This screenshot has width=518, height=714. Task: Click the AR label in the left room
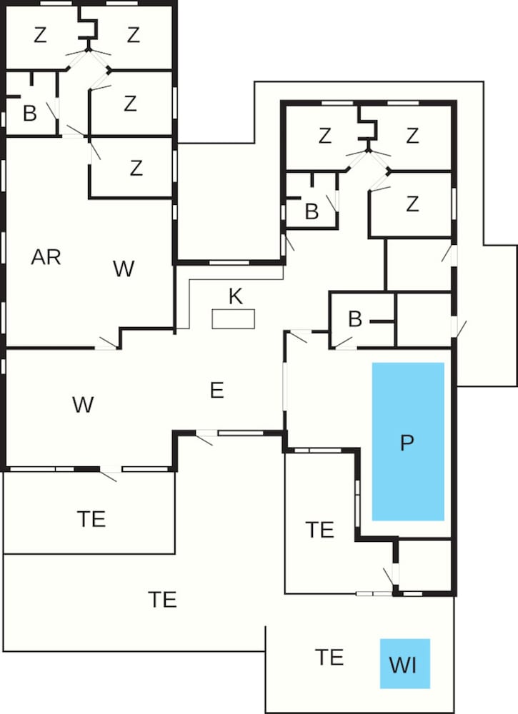point(46,257)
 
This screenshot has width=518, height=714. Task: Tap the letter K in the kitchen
point(236,296)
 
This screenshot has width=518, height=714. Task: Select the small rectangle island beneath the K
point(233,318)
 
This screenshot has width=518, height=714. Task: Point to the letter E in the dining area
point(217,391)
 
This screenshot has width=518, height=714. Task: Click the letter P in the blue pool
point(407,443)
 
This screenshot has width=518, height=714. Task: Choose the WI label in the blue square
point(403,665)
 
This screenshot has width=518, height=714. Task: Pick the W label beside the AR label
point(124,268)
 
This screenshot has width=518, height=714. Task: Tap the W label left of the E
point(83,404)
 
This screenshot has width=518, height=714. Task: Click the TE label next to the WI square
point(329,657)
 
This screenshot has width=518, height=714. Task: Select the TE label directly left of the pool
point(320,530)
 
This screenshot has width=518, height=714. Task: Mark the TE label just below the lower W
point(91,519)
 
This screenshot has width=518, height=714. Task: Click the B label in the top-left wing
point(29,114)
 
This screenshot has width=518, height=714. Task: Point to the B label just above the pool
point(355,319)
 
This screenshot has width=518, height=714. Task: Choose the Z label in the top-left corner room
point(40,35)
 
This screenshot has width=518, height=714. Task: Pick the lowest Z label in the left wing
point(136,168)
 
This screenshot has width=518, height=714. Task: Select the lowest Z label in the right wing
point(412,204)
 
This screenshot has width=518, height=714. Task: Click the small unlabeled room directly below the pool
point(424,565)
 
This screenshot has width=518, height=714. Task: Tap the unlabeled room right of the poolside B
point(424,320)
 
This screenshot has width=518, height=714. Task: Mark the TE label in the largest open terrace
point(162,600)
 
